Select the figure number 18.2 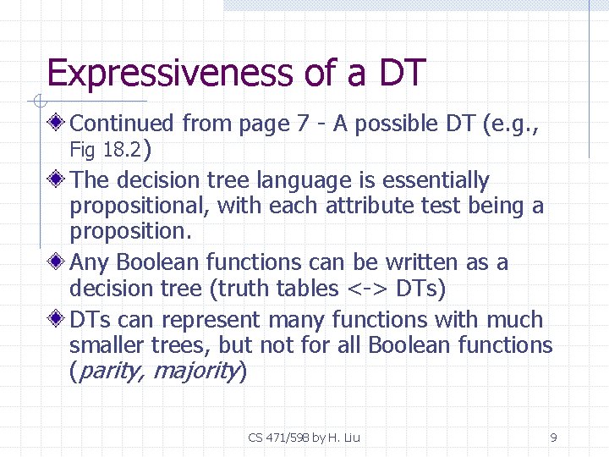pyautogui.click(x=122, y=151)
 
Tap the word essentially pyautogui.click(x=436, y=180)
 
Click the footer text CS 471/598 pyautogui.click(x=280, y=438)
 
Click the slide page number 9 pyautogui.click(x=553, y=438)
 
